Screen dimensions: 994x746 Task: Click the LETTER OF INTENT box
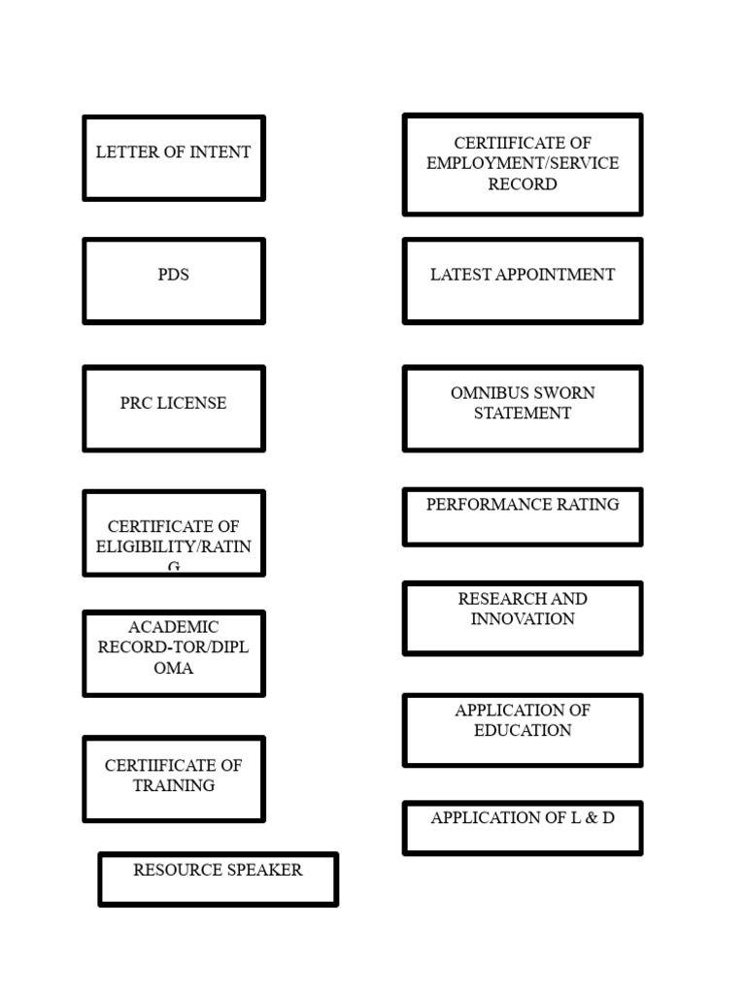pos(174,158)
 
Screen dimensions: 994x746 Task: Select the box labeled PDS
pos(174,281)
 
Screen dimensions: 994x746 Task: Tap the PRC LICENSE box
pos(174,409)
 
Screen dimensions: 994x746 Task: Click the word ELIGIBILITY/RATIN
pos(174,547)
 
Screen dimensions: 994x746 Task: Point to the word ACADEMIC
pos(174,627)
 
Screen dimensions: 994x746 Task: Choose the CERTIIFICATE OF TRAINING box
pos(174,779)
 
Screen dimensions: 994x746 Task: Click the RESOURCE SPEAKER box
pos(219,879)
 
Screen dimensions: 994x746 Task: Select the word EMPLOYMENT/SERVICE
pos(523,163)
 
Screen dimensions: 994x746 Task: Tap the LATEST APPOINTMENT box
pos(523,281)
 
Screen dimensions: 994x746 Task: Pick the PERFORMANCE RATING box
pos(523,517)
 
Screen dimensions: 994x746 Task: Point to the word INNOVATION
pos(523,619)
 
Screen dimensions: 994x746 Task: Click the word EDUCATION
pos(523,731)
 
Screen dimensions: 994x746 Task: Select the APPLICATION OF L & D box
pos(523,828)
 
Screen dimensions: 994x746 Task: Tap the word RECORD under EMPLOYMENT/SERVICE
pos(523,184)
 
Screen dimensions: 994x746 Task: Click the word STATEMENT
pos(523,414)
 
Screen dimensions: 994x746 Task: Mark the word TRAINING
pos(174,786)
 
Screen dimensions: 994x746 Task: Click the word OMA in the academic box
pos(174,669)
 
